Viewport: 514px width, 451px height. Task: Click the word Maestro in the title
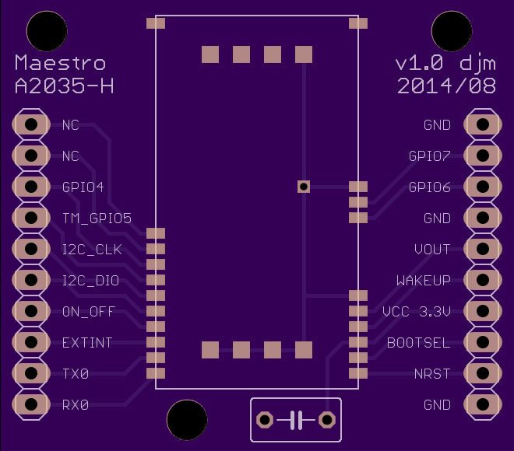point(60,62)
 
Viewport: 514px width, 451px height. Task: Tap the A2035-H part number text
point(64,86)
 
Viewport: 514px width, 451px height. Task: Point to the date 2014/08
point(446,86)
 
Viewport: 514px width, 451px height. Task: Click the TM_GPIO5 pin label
point(97,219)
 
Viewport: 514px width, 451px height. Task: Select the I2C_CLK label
point(92,250)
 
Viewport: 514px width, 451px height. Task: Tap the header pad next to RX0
point(31,404)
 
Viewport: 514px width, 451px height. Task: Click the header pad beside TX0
point(31,373)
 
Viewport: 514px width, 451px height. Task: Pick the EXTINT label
point(87,343)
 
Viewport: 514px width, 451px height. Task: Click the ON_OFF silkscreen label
point(89,312)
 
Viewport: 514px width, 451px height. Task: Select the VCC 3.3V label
point(417,312)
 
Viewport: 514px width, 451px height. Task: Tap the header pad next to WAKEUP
point(483,280)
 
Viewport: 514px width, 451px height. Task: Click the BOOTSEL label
point(419,343)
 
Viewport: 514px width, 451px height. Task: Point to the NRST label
point(432,374)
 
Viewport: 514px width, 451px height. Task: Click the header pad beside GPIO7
point(483,156)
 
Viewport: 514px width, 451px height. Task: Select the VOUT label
point(432,250)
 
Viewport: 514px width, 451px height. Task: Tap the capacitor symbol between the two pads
point(296,420)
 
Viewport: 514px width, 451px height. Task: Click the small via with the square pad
point(304,187)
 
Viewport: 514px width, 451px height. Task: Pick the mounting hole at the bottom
point(187,420)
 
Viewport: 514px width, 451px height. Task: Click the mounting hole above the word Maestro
point(47,31)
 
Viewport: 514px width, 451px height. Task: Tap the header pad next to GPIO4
point(31,187)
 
